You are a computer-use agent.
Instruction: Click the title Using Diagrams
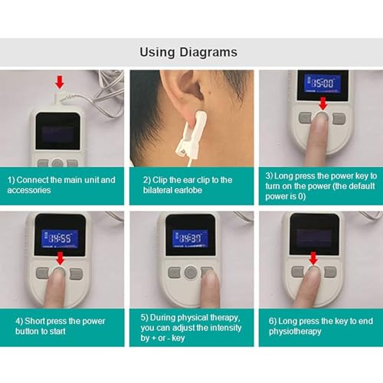tap(188, 52)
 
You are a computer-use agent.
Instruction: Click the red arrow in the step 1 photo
tap(60, 82)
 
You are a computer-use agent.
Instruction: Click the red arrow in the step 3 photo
tap(322, 104)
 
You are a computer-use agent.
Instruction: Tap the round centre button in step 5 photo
tap(189, 272)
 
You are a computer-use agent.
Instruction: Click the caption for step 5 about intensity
tap(191, 321)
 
